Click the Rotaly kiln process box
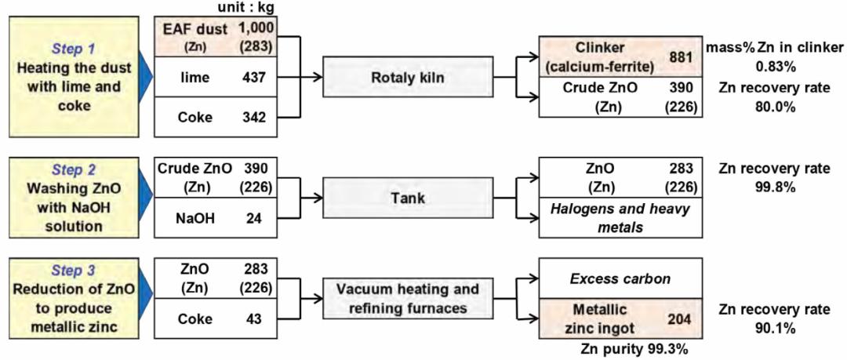tap(408, 77)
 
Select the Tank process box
tap(408, 198)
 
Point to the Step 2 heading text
tap(72, 169)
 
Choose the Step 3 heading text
tap(72, 271)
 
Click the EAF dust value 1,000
tap(256, 29)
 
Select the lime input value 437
tap(256, 77)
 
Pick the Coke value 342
tap(256, 118)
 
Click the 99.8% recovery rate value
tap(774, 187)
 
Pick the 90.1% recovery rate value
tap(774, 327)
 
